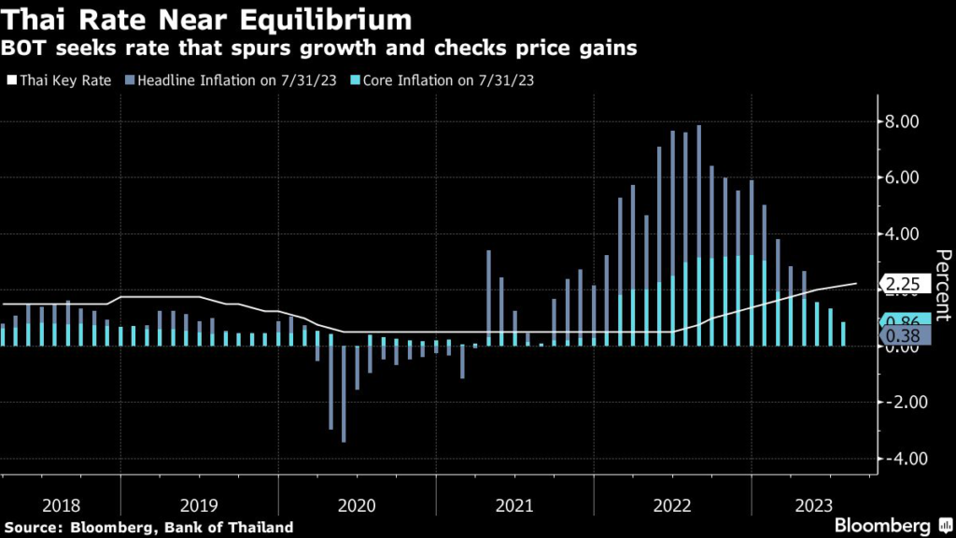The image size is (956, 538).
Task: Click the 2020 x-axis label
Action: (x=358, y=505)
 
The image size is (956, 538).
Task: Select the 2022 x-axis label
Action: (x=672, y=505)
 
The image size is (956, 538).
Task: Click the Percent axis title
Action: (x=943, y=285)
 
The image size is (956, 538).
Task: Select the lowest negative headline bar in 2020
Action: (x=344, y=394)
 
